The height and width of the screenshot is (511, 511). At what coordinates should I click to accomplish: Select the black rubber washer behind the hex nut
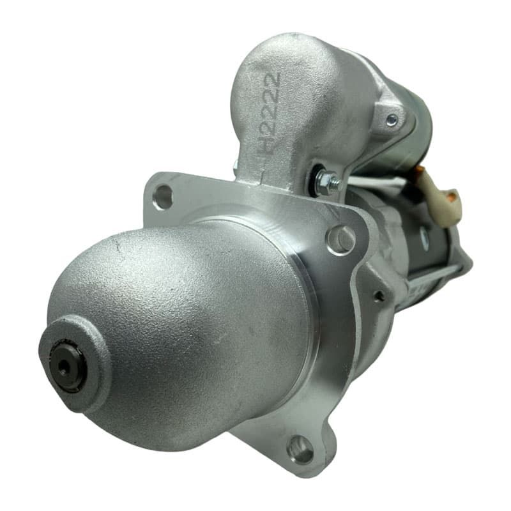tap(314, 180)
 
